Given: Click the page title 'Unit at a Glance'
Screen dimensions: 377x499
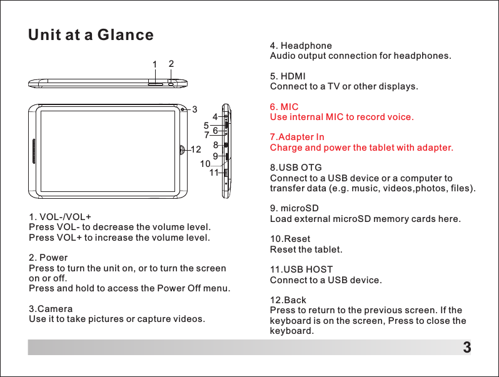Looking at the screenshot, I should (x=91, y=35).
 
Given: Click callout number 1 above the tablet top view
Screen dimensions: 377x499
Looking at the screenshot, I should (x=154, y=65).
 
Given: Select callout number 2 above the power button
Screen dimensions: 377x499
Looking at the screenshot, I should (x=171, y=64).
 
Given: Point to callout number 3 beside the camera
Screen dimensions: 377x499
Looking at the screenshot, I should (x=194, y=110).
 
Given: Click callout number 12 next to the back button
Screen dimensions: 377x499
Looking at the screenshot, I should (x=196, y=150).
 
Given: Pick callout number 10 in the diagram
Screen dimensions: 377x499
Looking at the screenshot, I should (x=205, y=164).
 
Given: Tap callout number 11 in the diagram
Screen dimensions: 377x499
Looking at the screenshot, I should (x=214, y=172).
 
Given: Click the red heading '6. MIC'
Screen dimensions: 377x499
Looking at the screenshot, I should (x=284, y=107).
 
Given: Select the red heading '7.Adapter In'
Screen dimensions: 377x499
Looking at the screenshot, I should (x=296, y=137).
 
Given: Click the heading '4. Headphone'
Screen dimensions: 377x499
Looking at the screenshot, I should (x=300, y=46).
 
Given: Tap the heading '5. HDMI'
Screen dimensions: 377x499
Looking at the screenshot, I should (x=287, y=76).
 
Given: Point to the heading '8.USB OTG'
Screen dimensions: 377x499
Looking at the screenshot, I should (x=295, y=168).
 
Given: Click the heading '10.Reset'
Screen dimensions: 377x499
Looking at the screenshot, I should (x=290, y=239).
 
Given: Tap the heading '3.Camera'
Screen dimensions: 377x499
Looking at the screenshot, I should (x=51, y=309).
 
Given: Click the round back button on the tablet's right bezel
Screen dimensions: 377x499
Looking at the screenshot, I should (x=182, y=150).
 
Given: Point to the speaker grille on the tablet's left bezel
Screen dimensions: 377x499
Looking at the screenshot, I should (x=33, y=150).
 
